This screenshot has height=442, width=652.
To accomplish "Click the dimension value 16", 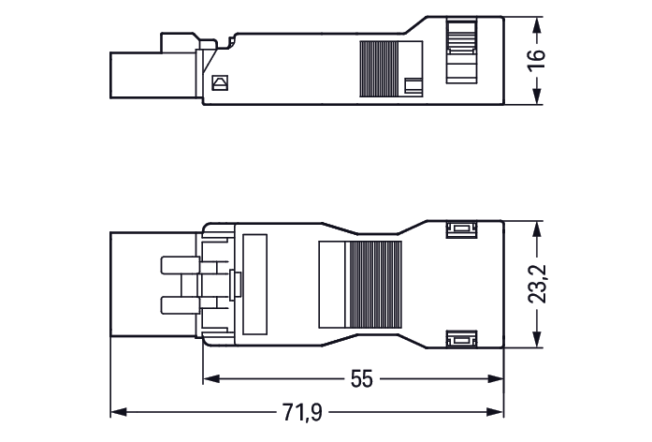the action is tap(536, 60).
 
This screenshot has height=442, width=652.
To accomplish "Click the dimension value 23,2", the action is tap(537, 284).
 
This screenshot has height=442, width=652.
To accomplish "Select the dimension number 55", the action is tap(362, 378).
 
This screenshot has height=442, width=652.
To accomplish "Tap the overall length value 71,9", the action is tap(302, 412).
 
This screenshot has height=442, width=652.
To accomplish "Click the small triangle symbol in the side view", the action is tap(220, 82).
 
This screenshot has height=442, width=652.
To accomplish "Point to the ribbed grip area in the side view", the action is tap(379, 69).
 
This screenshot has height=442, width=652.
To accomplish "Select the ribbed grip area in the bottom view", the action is tap(375, 285).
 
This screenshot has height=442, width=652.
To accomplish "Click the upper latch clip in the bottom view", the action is tap(461, 229).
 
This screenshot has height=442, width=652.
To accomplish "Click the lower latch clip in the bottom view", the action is tap(461, 339).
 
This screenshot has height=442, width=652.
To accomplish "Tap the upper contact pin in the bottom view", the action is tap(180, 265).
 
